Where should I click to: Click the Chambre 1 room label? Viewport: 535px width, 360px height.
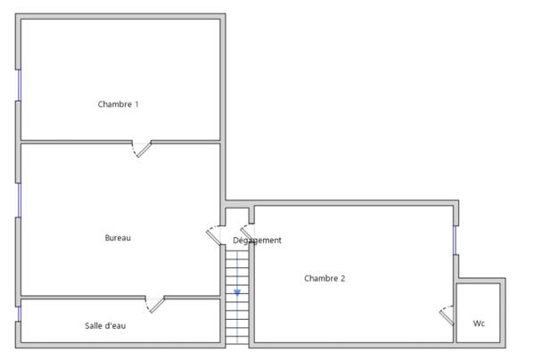(118, 104)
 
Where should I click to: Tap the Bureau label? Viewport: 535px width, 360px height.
(118, 238)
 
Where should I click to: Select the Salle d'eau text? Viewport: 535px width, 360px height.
(105, 325)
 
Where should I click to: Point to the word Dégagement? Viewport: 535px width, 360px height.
(257, 240)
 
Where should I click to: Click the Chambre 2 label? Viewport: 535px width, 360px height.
(324, 278)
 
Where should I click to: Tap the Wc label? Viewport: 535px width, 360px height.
(479, 323)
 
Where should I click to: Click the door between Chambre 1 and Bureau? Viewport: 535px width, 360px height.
(142, 147)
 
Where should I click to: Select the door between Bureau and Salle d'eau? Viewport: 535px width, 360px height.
(156, 304)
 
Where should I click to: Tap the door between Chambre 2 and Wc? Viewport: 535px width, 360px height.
(447, 315)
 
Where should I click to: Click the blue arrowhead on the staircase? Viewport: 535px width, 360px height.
(237, 291)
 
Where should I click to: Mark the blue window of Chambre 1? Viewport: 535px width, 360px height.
(19, 85)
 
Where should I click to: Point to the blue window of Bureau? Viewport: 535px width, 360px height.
(19, 200)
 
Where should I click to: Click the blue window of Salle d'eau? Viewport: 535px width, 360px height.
(19, 314)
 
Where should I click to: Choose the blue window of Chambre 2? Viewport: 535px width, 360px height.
(455, 240)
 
